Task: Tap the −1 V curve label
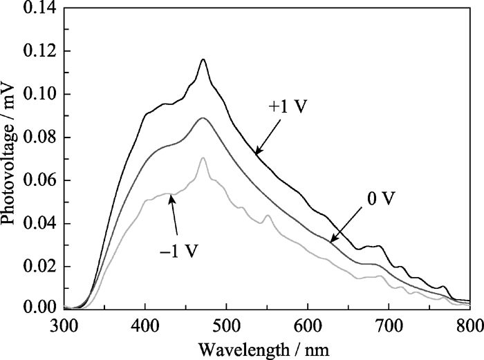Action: [182, 249]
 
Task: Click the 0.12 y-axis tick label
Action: [41, 51]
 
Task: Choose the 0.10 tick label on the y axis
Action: [41, 94]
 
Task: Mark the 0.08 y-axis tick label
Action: [41, 138]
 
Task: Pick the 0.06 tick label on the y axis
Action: [41, 180]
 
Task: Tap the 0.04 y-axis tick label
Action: [41, 223]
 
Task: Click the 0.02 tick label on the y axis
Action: [41, 266]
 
